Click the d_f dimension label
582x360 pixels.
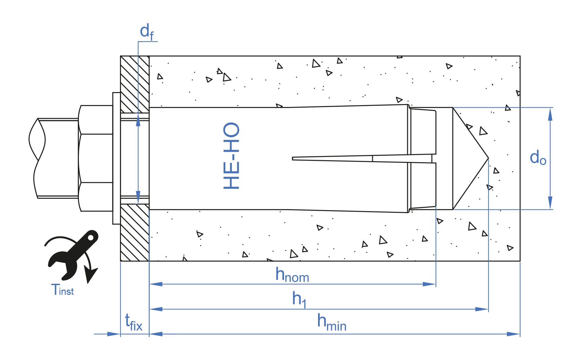point(147,32)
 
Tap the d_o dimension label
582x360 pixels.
point(538,158)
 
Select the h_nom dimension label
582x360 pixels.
point(292,275)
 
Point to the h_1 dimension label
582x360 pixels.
point(299,299)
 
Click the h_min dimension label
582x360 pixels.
point(331,323)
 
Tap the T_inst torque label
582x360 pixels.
point(63,290)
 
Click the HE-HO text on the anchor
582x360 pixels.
point(232,156)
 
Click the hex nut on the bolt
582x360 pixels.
point(96,158)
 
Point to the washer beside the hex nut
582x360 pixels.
point(116,158)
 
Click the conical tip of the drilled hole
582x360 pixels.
point(470,158)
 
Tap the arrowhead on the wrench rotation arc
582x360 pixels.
point(91,274)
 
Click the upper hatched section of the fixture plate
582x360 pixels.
point(135,84)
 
